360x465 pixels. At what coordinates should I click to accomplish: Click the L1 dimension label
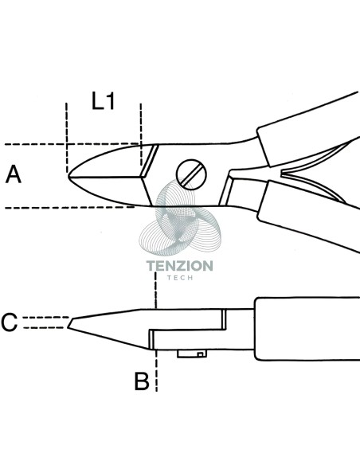(x=103, y=101)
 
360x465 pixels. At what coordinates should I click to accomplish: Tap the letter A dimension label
(x=14, y=174)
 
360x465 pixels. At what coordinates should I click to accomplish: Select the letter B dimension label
(x=142, y=381)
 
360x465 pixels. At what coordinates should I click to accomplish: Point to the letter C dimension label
(x=10, y=322)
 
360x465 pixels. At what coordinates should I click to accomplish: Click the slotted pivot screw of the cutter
(x=191, y=174)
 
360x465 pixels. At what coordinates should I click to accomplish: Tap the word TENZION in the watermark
(x=180, y=266)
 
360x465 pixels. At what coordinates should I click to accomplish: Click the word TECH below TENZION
(x=180, y=278)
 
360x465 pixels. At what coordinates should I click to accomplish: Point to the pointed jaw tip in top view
(x=68, y=175)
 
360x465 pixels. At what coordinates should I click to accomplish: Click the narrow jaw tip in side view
(x=69, y=322)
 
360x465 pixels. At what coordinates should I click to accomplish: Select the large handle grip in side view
(x=307, y=329)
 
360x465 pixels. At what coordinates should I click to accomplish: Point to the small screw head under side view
(x=192, y=354)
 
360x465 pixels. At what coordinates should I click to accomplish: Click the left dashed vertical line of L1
(x=67, y=138)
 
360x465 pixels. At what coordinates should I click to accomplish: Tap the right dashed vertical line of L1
(x=141, y=135)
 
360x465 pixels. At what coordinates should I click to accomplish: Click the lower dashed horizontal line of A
(x=70, y=208)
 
